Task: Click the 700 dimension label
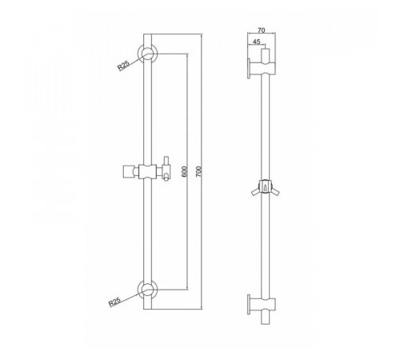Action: [x=199, y=171]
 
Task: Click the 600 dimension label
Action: [x=184, y=171]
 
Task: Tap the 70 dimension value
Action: [x=262, y=30]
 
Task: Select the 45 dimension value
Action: [x=256, y=42]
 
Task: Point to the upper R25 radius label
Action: [x=123, y=66]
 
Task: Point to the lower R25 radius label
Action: [x=114, y=302]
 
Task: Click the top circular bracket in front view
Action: [x=147, y=54]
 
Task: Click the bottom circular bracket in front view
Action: [x=147, y=290]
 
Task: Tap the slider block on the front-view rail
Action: [x=147, y=171]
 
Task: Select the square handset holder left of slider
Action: [x=128, y=171]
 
